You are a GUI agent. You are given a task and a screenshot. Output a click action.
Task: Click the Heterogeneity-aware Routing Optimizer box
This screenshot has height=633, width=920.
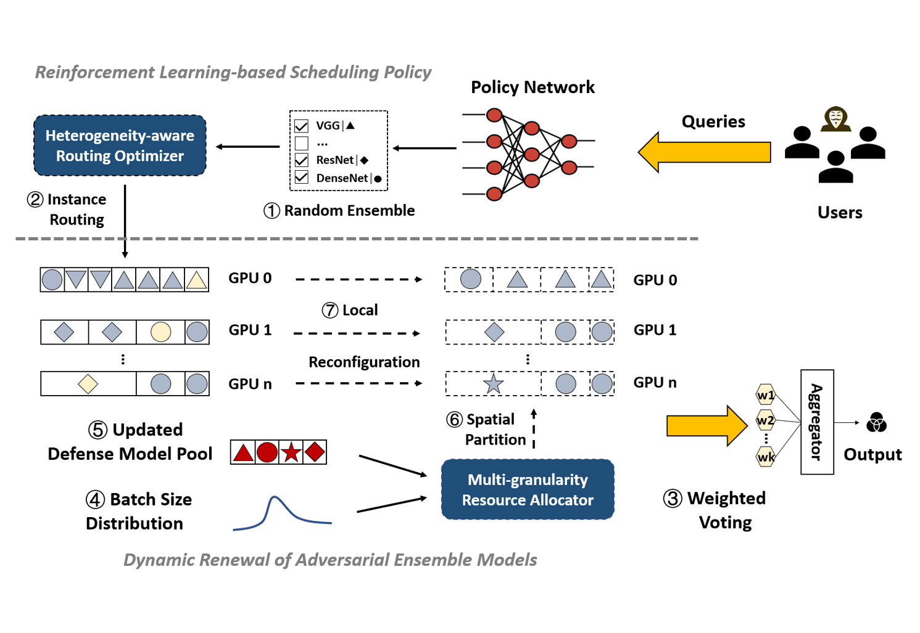pos(120,145)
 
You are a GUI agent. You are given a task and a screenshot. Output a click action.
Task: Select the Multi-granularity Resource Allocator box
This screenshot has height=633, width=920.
pos(528,489)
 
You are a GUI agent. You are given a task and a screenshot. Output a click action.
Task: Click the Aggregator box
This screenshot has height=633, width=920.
pos(817,422)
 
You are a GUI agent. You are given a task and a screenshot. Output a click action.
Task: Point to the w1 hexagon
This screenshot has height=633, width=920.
pos(765,395)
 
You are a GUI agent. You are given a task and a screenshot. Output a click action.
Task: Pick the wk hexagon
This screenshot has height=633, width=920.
pos(766,457)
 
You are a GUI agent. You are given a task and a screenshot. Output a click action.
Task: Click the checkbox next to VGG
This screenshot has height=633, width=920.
pos(302,126)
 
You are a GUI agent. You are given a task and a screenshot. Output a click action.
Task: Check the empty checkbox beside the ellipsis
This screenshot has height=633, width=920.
pos(302,144)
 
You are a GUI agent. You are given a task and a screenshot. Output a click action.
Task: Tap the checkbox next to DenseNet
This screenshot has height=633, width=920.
pos(302,178)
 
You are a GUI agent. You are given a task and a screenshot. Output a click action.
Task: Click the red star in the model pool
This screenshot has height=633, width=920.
pos(291,452)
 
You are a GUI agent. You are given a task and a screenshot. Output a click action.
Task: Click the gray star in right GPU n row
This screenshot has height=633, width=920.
pos(493,384)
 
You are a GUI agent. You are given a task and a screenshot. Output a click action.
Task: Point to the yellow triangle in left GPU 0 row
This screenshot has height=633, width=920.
pos(197,280)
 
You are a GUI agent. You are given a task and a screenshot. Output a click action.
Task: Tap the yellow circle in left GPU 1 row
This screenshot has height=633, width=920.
pos(160,332)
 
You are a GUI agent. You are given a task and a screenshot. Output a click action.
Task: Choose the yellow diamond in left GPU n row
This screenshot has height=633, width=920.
pos(88,383)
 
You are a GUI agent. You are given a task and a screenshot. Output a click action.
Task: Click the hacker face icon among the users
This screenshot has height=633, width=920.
pos(836,118)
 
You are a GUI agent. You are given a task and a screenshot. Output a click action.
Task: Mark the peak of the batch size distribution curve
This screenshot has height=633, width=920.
pos(276,497)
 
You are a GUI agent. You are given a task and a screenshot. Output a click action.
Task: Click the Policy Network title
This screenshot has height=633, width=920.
pos(533,87)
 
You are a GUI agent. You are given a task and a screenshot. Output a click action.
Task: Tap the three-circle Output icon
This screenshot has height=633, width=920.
pos(876,423)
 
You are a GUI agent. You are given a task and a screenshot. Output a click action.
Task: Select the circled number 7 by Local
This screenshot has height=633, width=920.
pos(330,310)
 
